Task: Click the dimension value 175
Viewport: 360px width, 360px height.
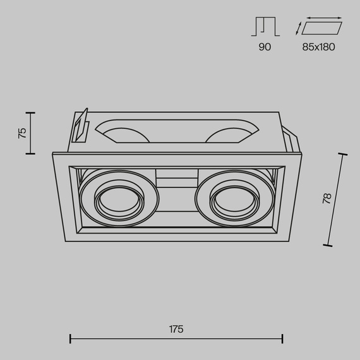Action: [176, 329]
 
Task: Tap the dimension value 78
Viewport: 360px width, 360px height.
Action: [327, 198]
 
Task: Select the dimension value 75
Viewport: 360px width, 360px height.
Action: [22, 133]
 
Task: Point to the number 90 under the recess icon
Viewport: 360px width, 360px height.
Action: [265, 47]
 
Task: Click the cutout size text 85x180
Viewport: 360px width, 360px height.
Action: [318, 47]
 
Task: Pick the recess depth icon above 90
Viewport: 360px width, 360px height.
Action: [265, 27]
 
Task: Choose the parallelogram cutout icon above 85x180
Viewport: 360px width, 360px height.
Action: [322, 28]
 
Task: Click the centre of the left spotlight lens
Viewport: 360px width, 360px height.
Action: [119, 200]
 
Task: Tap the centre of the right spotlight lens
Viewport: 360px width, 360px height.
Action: [235, 200]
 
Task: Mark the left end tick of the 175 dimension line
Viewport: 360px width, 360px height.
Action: [70, 339]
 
